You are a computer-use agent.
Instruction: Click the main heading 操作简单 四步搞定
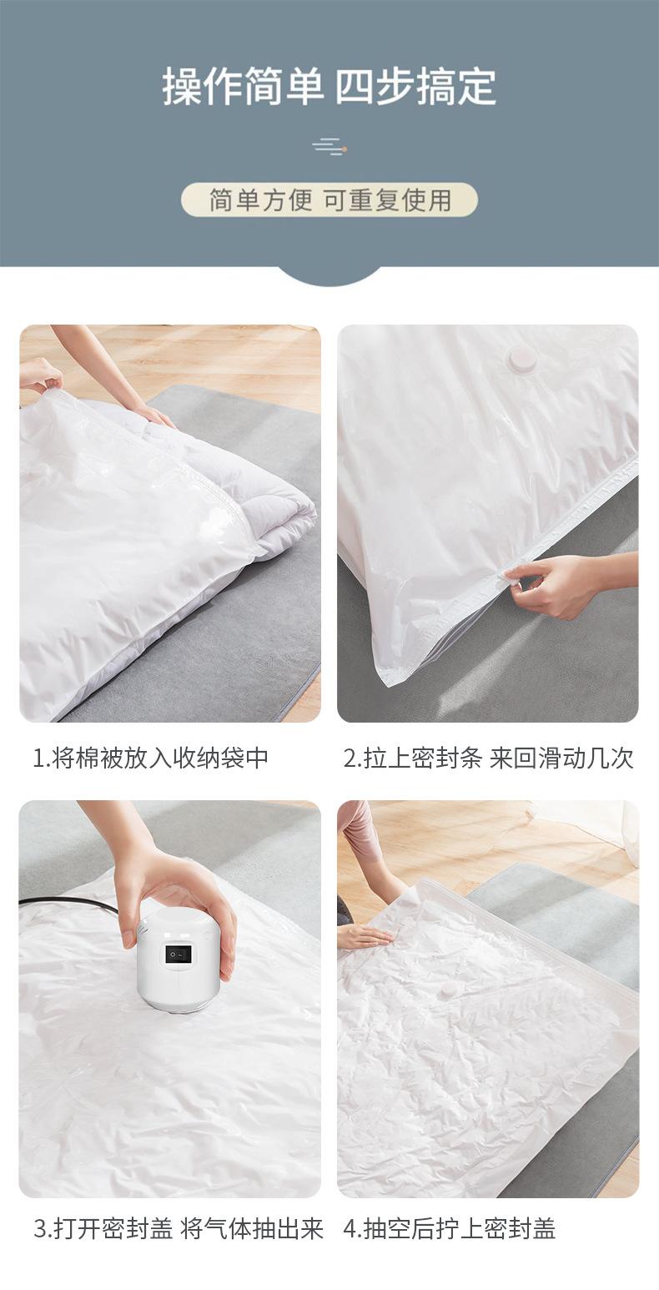[x=329, y=87]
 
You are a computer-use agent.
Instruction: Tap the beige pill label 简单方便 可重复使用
[x=329, y=200]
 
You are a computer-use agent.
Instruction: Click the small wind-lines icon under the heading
[x=329, y=148]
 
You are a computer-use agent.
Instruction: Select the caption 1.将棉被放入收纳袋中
[x=150, y=758]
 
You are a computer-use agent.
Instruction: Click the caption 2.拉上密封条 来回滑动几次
[x=488, y=758]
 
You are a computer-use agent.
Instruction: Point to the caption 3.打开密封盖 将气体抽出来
[x=178, y=1228]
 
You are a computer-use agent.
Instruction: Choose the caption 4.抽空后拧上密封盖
[x=450, y=1228]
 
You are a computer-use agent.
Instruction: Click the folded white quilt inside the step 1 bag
[x=242, y=492]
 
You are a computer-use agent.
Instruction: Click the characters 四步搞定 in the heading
[x=415, y=87]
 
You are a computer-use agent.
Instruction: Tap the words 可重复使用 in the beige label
[x=387, y=200]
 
